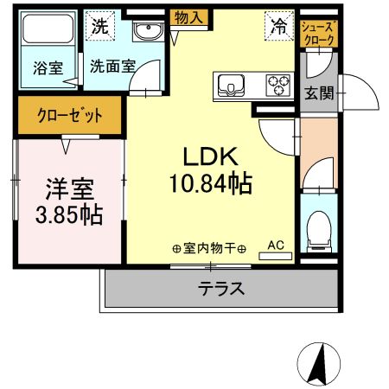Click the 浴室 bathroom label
tap(48, 68)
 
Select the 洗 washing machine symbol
tap(101, 26)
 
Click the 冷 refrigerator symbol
tap(278, 26)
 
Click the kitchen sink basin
tap(231, 85)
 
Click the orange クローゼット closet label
tap(70, 115)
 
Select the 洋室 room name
tap(70, 187)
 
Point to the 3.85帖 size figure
tap(69, 214)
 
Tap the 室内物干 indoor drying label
tap(209, 249)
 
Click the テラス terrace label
tap(221, 289)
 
